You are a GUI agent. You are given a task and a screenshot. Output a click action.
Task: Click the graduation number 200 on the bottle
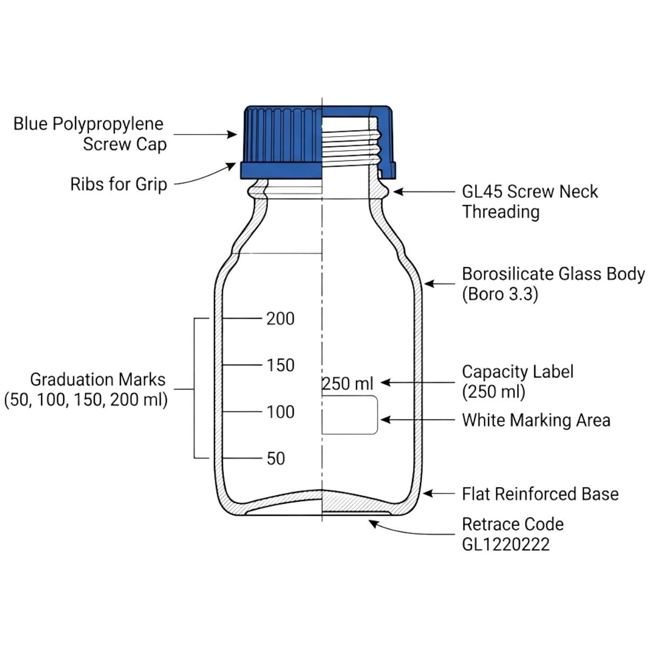[x=280, y=319]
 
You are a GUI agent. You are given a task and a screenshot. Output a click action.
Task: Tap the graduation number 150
[x=280, y=365]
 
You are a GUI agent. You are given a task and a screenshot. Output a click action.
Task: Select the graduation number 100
[x=280, y=412]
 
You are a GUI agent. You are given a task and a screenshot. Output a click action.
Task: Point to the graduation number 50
[x=275, y=458]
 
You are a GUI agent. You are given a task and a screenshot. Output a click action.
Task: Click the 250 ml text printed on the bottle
[x=348, y=383]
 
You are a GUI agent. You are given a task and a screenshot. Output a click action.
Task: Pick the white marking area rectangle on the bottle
[x=349, y=415]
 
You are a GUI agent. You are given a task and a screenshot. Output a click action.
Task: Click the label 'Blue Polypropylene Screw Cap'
[x=89, y=134]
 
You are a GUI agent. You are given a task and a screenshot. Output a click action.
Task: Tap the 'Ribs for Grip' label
[x=118, y=184]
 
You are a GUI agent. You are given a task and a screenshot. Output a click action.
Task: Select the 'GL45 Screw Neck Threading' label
[x=529, y=201]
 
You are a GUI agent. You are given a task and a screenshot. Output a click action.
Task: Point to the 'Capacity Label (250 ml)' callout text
[x=517, y=381]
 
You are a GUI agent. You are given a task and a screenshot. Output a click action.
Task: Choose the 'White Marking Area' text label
[x=536, y=420]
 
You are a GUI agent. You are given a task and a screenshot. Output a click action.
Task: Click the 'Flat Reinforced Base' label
[x=540, y=494]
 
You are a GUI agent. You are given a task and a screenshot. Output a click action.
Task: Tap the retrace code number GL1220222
[x=505, y=544]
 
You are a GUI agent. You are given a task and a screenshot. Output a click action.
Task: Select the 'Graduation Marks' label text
[x=97, y=380]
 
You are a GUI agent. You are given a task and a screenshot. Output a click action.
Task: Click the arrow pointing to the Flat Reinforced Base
[x=440, y=493]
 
